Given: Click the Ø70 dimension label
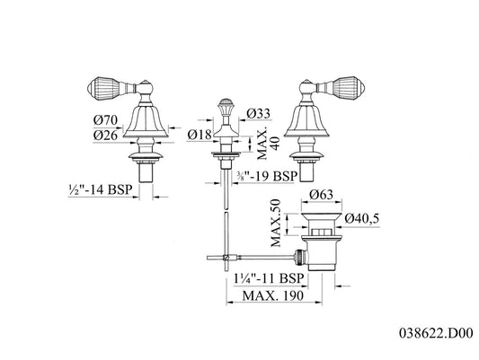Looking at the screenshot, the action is (105, 120).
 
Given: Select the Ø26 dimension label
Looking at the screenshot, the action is (105, 136).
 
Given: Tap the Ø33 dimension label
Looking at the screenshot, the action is (259, 114).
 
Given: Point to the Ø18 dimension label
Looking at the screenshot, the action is (200, 135).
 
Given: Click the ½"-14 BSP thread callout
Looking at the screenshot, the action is (101, 189).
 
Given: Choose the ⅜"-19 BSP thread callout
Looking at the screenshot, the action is (266, 176).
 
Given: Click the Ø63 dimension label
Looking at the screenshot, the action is (321, 194).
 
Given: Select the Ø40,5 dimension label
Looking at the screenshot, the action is (362, 218).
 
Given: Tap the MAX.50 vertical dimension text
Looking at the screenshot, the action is (276, 223).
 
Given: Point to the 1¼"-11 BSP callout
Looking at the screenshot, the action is (269, 278).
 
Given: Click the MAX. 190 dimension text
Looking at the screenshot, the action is (273, 295).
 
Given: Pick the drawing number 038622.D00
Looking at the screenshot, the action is (436, 333).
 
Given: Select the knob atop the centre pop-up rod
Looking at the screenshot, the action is (226, 105).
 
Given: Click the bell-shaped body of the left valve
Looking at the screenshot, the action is (146, 121).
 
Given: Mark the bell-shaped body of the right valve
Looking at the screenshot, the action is (306, 121).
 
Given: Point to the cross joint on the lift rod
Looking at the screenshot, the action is (226, 258).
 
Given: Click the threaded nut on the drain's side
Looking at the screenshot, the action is (299, 257).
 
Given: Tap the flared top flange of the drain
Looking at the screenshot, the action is (322, 217).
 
